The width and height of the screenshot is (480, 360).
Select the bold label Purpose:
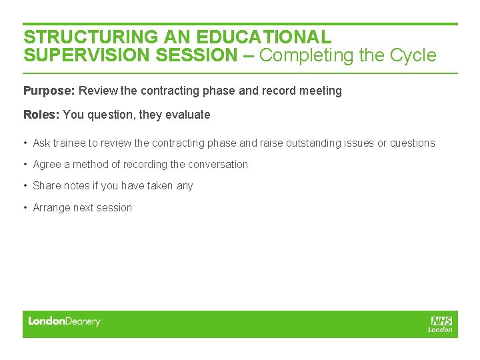[49, 91]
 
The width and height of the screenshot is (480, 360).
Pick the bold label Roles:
[41, 115]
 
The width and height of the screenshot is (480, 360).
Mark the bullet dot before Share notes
[25, 186]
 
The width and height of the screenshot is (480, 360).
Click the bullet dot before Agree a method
[25, 165]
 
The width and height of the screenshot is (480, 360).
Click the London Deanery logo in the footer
[64, 321]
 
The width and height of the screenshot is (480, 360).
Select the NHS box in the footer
[441, 321]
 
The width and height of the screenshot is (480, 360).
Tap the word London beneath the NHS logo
[440, 329]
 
